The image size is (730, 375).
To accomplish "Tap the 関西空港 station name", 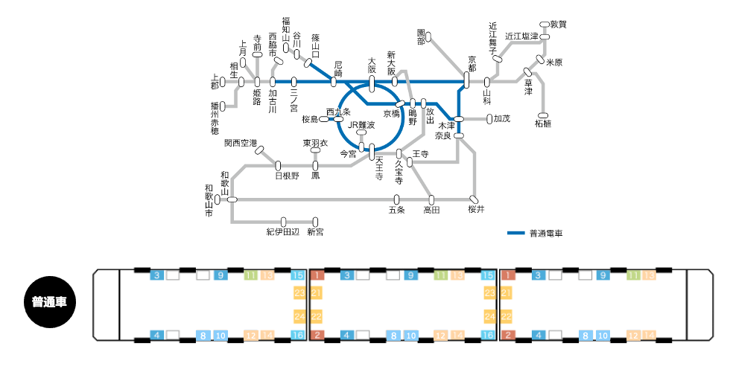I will pos(240,142).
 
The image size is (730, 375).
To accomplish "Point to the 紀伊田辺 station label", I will pos(282,232).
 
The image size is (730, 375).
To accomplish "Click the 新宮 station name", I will pos(315,232).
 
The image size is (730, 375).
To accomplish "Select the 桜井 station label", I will pos(476,210).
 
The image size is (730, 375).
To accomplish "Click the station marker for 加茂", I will pos(489,118).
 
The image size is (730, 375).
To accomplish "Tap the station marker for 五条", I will pos(396,199).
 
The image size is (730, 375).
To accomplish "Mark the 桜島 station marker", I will pos(324,119).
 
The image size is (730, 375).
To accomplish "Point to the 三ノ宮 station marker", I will pos(294,81).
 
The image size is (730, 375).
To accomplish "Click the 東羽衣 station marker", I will pos(315,150).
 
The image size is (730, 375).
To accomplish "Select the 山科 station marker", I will pos(487,82).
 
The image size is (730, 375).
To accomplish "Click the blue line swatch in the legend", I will pos(516,234).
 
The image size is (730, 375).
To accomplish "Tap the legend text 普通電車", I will pos(545,234).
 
